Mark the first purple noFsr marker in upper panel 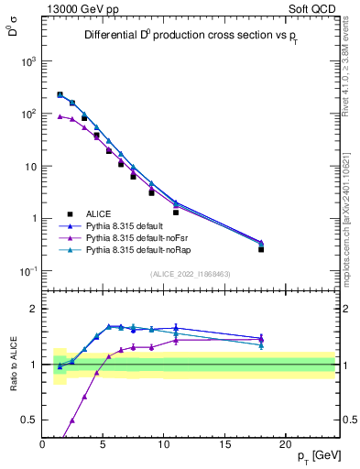point(60,116)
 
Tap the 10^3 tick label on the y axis point(29,61)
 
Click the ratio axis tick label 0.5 point(32,420)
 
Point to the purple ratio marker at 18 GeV point(261,337)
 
